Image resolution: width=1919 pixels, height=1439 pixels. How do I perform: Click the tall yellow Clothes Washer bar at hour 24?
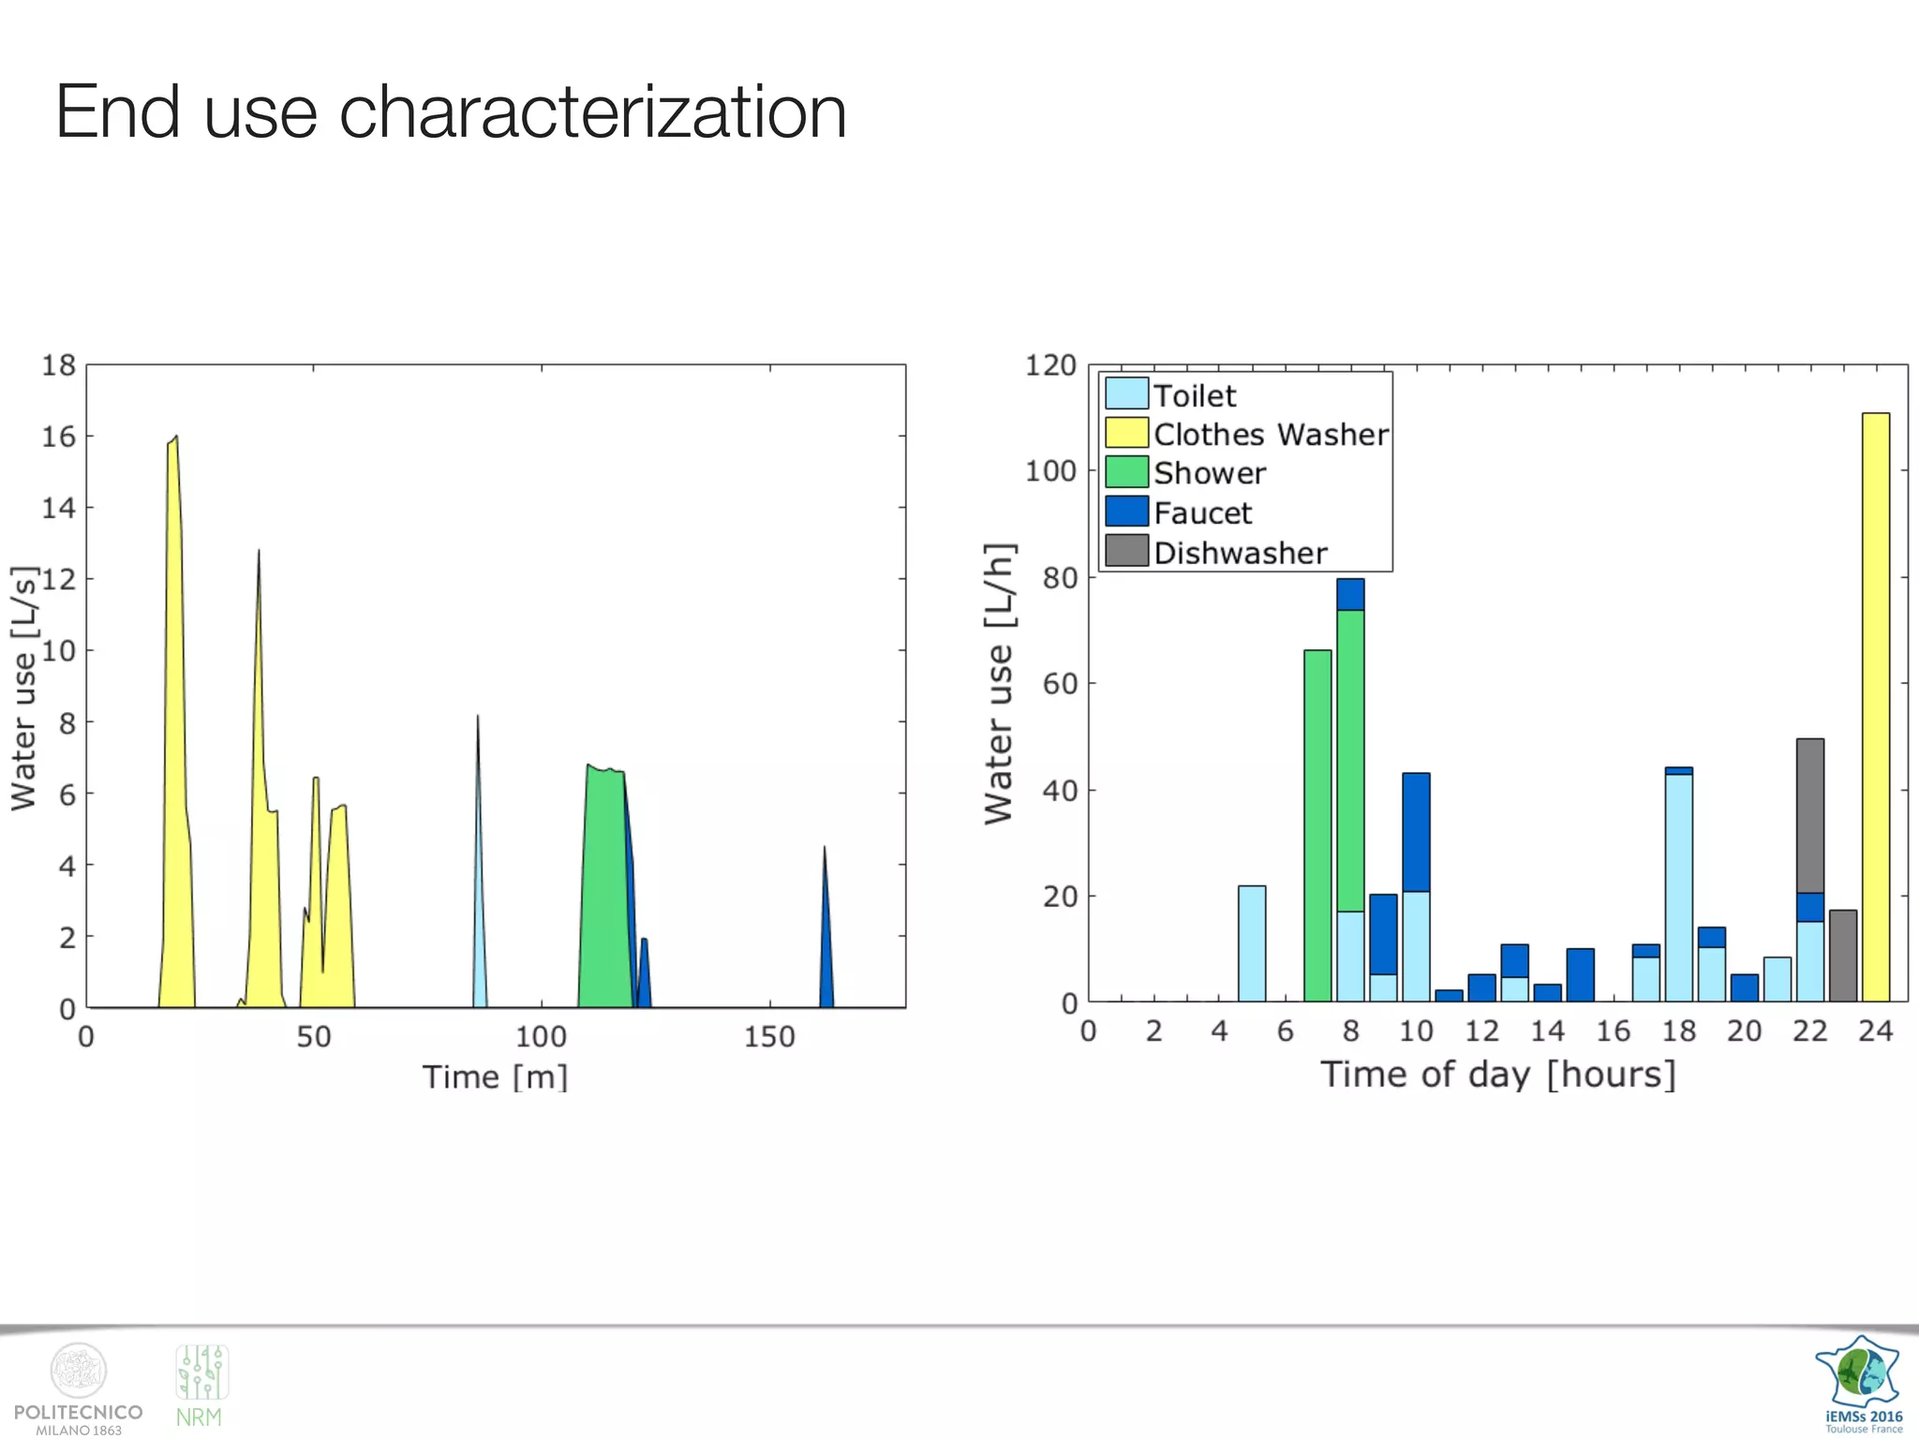pos(1875,707)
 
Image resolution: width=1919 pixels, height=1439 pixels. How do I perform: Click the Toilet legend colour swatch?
pos(1125,393)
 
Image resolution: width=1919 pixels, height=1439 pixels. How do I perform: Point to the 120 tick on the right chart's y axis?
pos(1050,365)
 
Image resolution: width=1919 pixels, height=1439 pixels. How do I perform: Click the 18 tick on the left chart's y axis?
pos(58,365)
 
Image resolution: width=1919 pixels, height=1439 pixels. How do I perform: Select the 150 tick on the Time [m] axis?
pos(769,1037)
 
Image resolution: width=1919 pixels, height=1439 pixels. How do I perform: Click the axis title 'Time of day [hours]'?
pos(1497,1075)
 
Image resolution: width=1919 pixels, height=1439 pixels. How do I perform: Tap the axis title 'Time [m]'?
pos(495,1077)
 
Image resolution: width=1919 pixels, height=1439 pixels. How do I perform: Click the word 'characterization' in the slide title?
pos(592,112)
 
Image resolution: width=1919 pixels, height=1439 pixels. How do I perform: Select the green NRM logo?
pos(201,1386)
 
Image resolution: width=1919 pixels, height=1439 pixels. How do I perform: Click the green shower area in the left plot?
pos(604,890)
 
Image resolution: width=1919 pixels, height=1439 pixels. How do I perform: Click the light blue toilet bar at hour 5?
pos(1252,943)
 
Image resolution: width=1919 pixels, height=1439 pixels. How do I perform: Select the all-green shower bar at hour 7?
pos(1317,824)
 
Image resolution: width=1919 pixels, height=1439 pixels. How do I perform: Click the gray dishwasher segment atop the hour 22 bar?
pos(1809,815)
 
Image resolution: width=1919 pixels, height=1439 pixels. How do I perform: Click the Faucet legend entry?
pos(1201,513)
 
